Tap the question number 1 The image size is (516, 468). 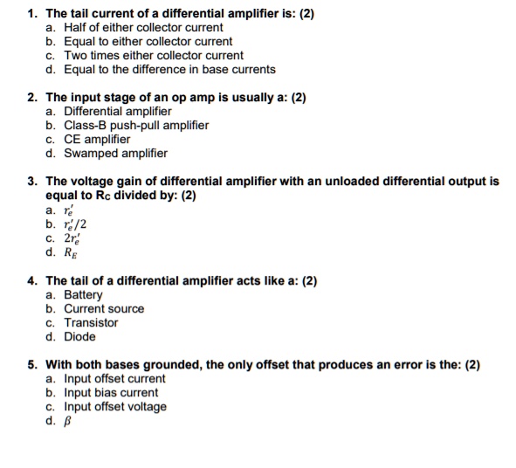click(x=31, y=14)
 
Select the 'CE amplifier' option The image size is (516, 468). click(x=97, y=140)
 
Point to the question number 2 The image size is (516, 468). click(x=31, y=98)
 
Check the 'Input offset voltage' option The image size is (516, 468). click(x=115, y=407)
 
